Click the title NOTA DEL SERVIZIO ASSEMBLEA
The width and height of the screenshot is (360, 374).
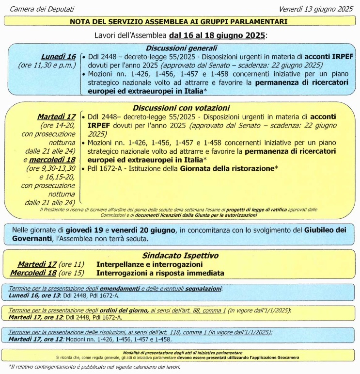coord(179,21)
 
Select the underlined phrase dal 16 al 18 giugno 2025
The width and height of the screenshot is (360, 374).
coord(218,35)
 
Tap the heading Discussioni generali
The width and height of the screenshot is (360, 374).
coord(182,48)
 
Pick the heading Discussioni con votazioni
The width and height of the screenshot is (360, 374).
coord(181,108)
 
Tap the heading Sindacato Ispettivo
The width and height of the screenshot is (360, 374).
coord(180,255)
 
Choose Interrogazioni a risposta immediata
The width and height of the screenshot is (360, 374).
coord(160,273)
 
